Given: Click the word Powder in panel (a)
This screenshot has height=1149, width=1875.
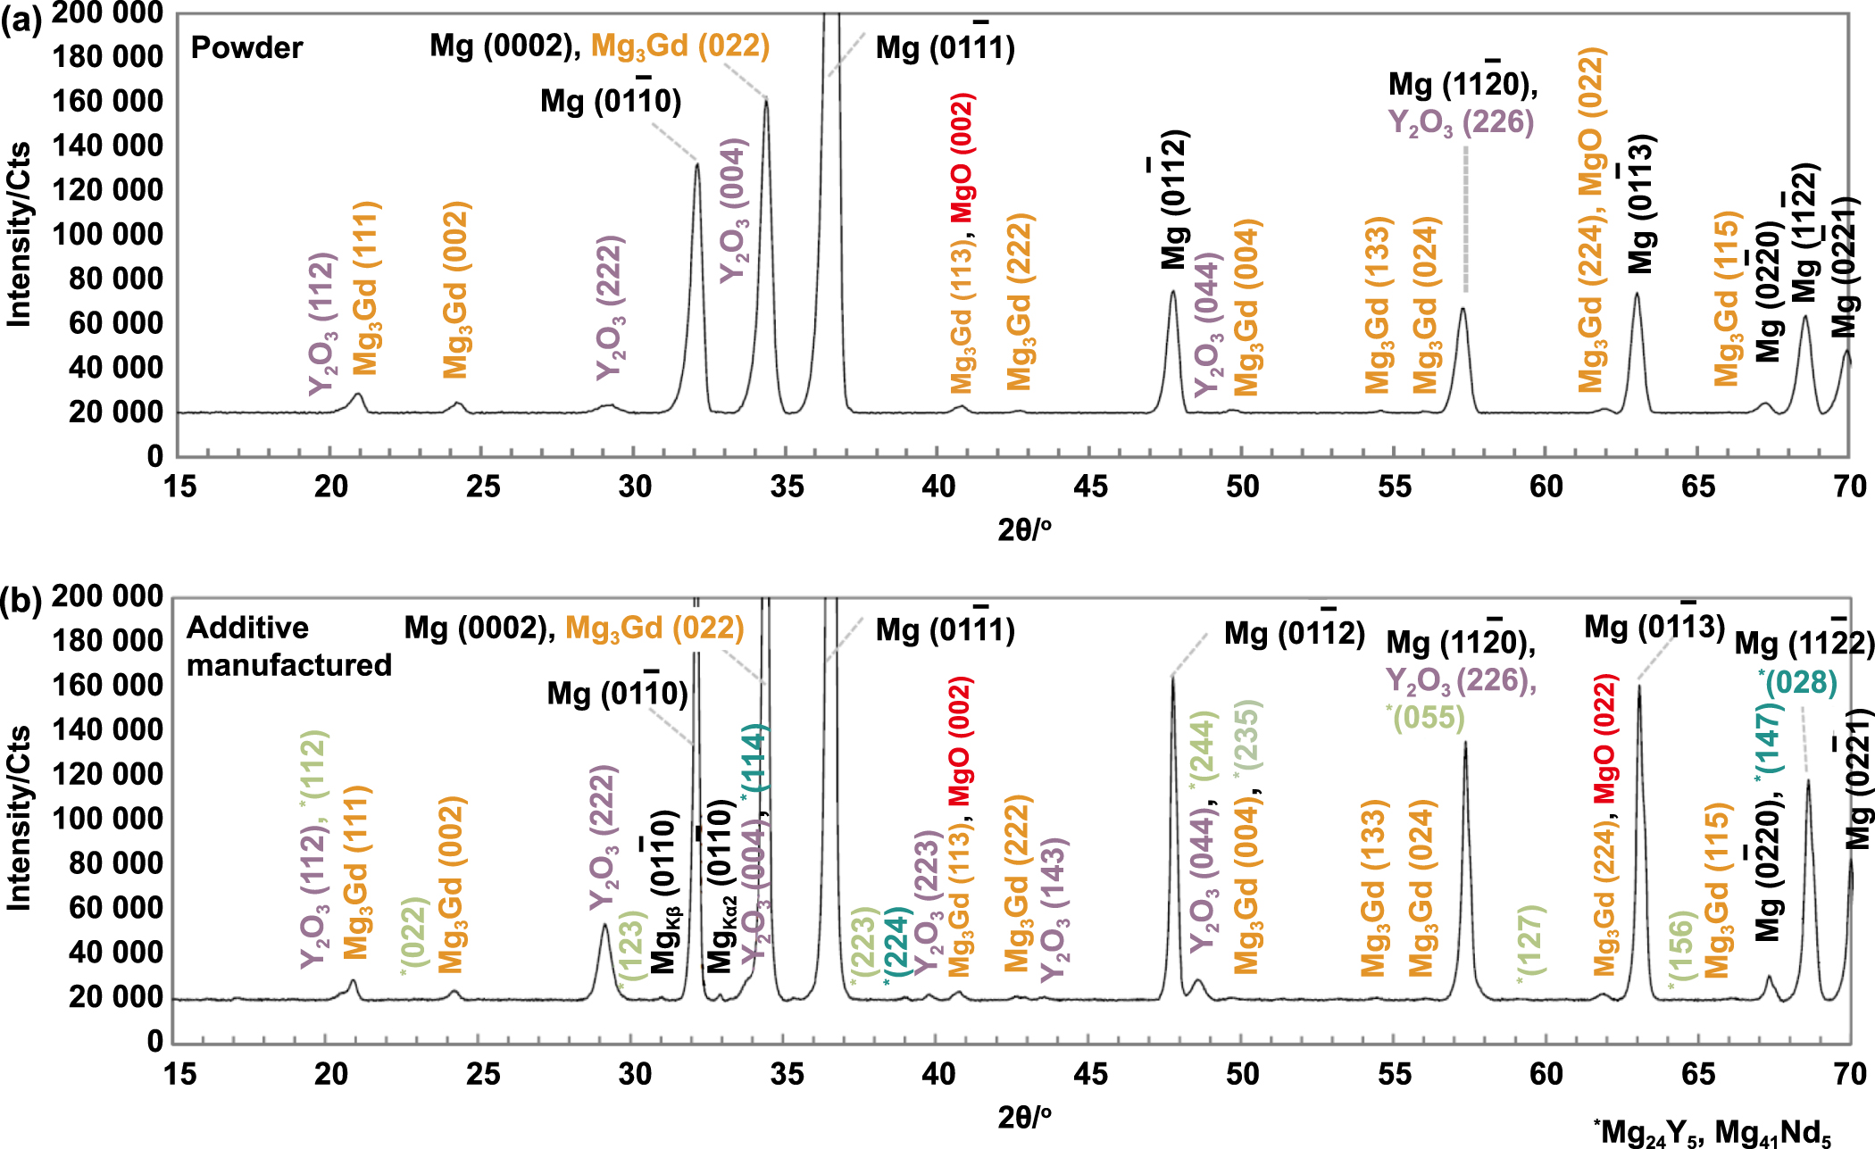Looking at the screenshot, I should click(x=246, y=47).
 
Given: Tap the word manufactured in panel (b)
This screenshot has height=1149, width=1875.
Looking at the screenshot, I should click(x=288, y=665).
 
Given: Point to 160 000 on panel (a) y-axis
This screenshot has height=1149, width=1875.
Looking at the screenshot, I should click(x=107, y=101).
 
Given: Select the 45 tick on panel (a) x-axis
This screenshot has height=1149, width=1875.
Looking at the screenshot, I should click(x=1090, y=487).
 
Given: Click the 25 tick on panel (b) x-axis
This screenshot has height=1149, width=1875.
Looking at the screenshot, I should click(x=483, y=1073).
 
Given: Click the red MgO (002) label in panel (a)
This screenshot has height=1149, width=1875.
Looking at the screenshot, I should click(x=962, y=157).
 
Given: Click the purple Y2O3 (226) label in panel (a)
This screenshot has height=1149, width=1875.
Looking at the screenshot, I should click(x=1461, y=122).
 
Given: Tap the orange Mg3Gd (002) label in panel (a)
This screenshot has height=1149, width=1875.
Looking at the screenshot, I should click(x=456, y=289).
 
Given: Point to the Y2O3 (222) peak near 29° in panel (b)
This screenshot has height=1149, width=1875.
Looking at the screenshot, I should click(x=604, y=926).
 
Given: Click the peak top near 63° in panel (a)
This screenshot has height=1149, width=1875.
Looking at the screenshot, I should click(x=1637, y=294).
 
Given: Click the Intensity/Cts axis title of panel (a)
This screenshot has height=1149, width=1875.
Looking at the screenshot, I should click(x=20, y=234).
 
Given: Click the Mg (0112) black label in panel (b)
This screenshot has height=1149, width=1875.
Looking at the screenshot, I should click(x=1294, y=633).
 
